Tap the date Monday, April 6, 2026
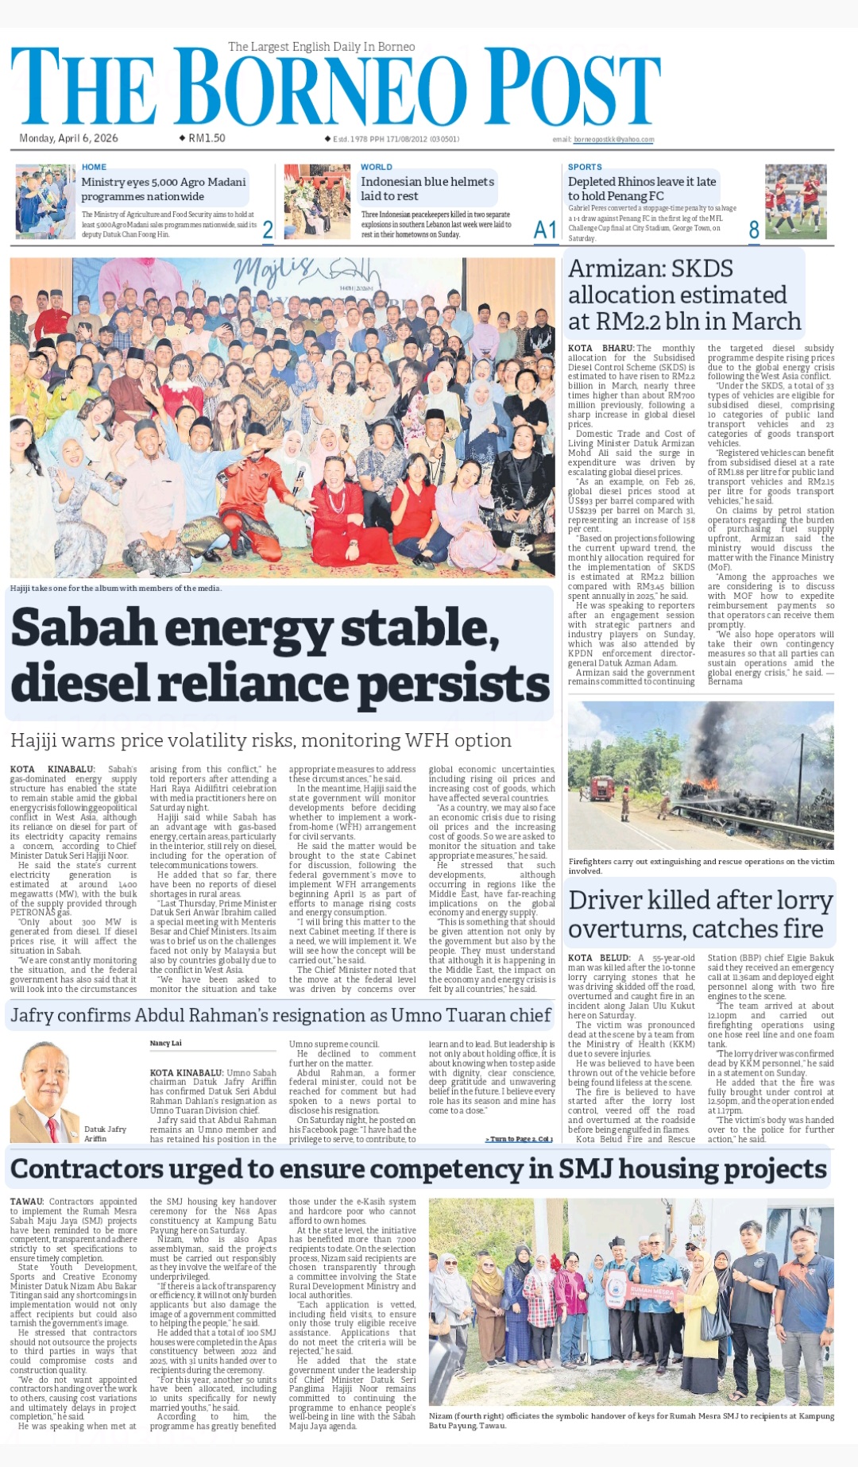point(68,138)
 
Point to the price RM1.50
point(207,138)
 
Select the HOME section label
point(94,167)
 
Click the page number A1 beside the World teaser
point(545,230)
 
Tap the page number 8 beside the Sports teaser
point(754,230)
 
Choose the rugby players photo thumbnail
point(795,201)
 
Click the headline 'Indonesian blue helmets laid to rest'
point(427,189)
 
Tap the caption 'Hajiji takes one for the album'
point(116,589)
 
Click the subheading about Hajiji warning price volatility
point(261,740)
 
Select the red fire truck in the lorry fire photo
point(602,788)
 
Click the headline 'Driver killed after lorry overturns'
point(700,914)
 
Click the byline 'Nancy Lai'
point(165,1043)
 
